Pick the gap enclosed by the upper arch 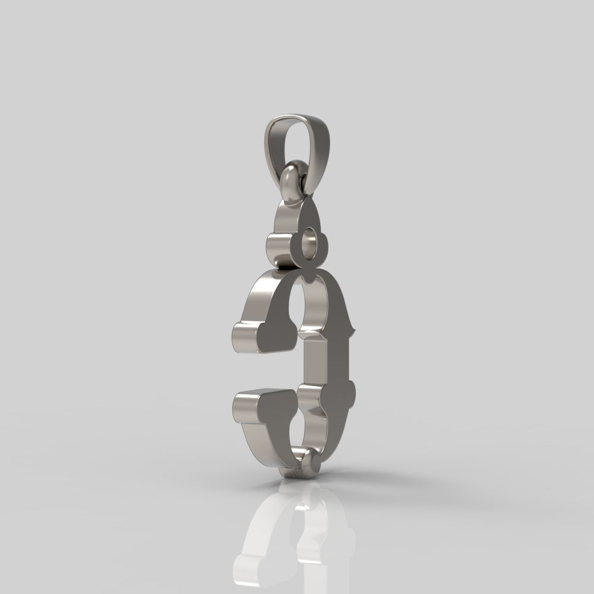[x=306, y=309]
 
